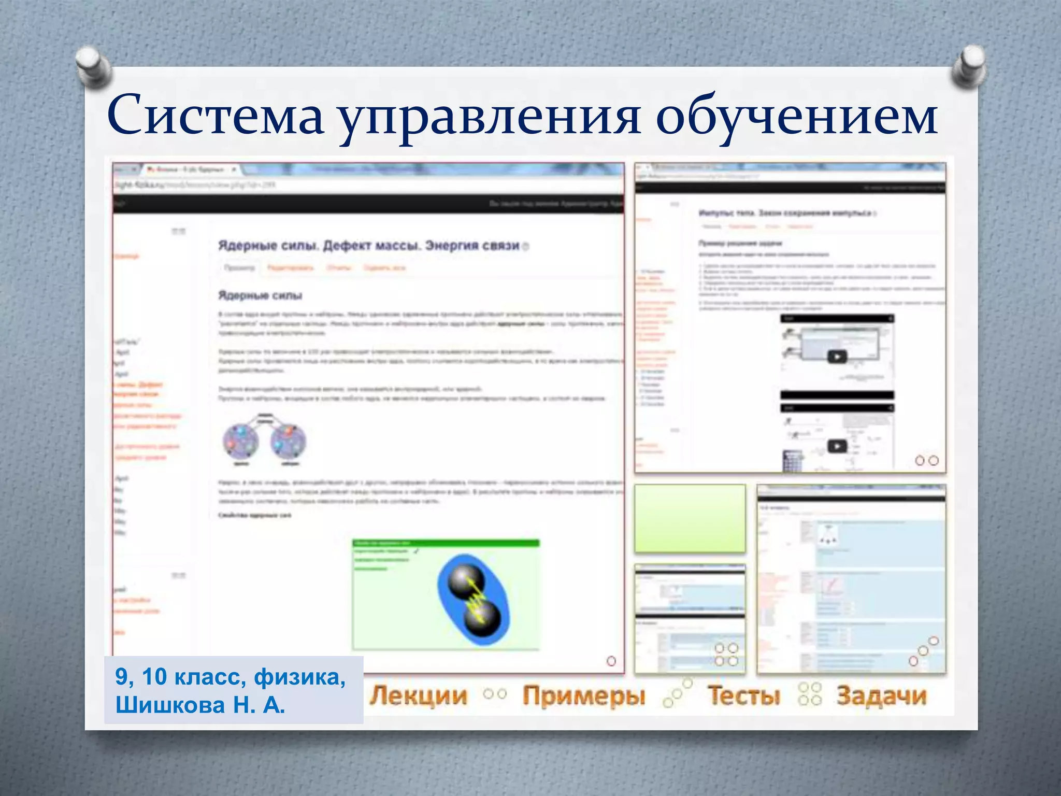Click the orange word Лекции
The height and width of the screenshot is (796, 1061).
[x=419, y=695]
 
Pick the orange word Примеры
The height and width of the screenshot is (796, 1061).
[x=584, y=695]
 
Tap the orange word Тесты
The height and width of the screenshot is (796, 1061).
[x=743, y=695]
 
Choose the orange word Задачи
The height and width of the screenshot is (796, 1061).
[x=881, y=695]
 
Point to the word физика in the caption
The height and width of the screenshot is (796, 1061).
[x=299, y=677]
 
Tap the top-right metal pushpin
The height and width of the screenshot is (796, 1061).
[x=969, y=67]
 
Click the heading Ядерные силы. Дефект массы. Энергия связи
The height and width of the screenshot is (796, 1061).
[x=368, y=246]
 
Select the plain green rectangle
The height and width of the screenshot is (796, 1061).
[x=690, y=518]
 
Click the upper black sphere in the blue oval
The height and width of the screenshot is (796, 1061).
[x=466, y=580]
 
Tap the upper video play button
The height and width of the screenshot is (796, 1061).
[x=837, y=357]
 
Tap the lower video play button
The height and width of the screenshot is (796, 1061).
[x=837, y=446]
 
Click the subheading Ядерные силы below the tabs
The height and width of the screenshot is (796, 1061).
[x=260, y=295]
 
